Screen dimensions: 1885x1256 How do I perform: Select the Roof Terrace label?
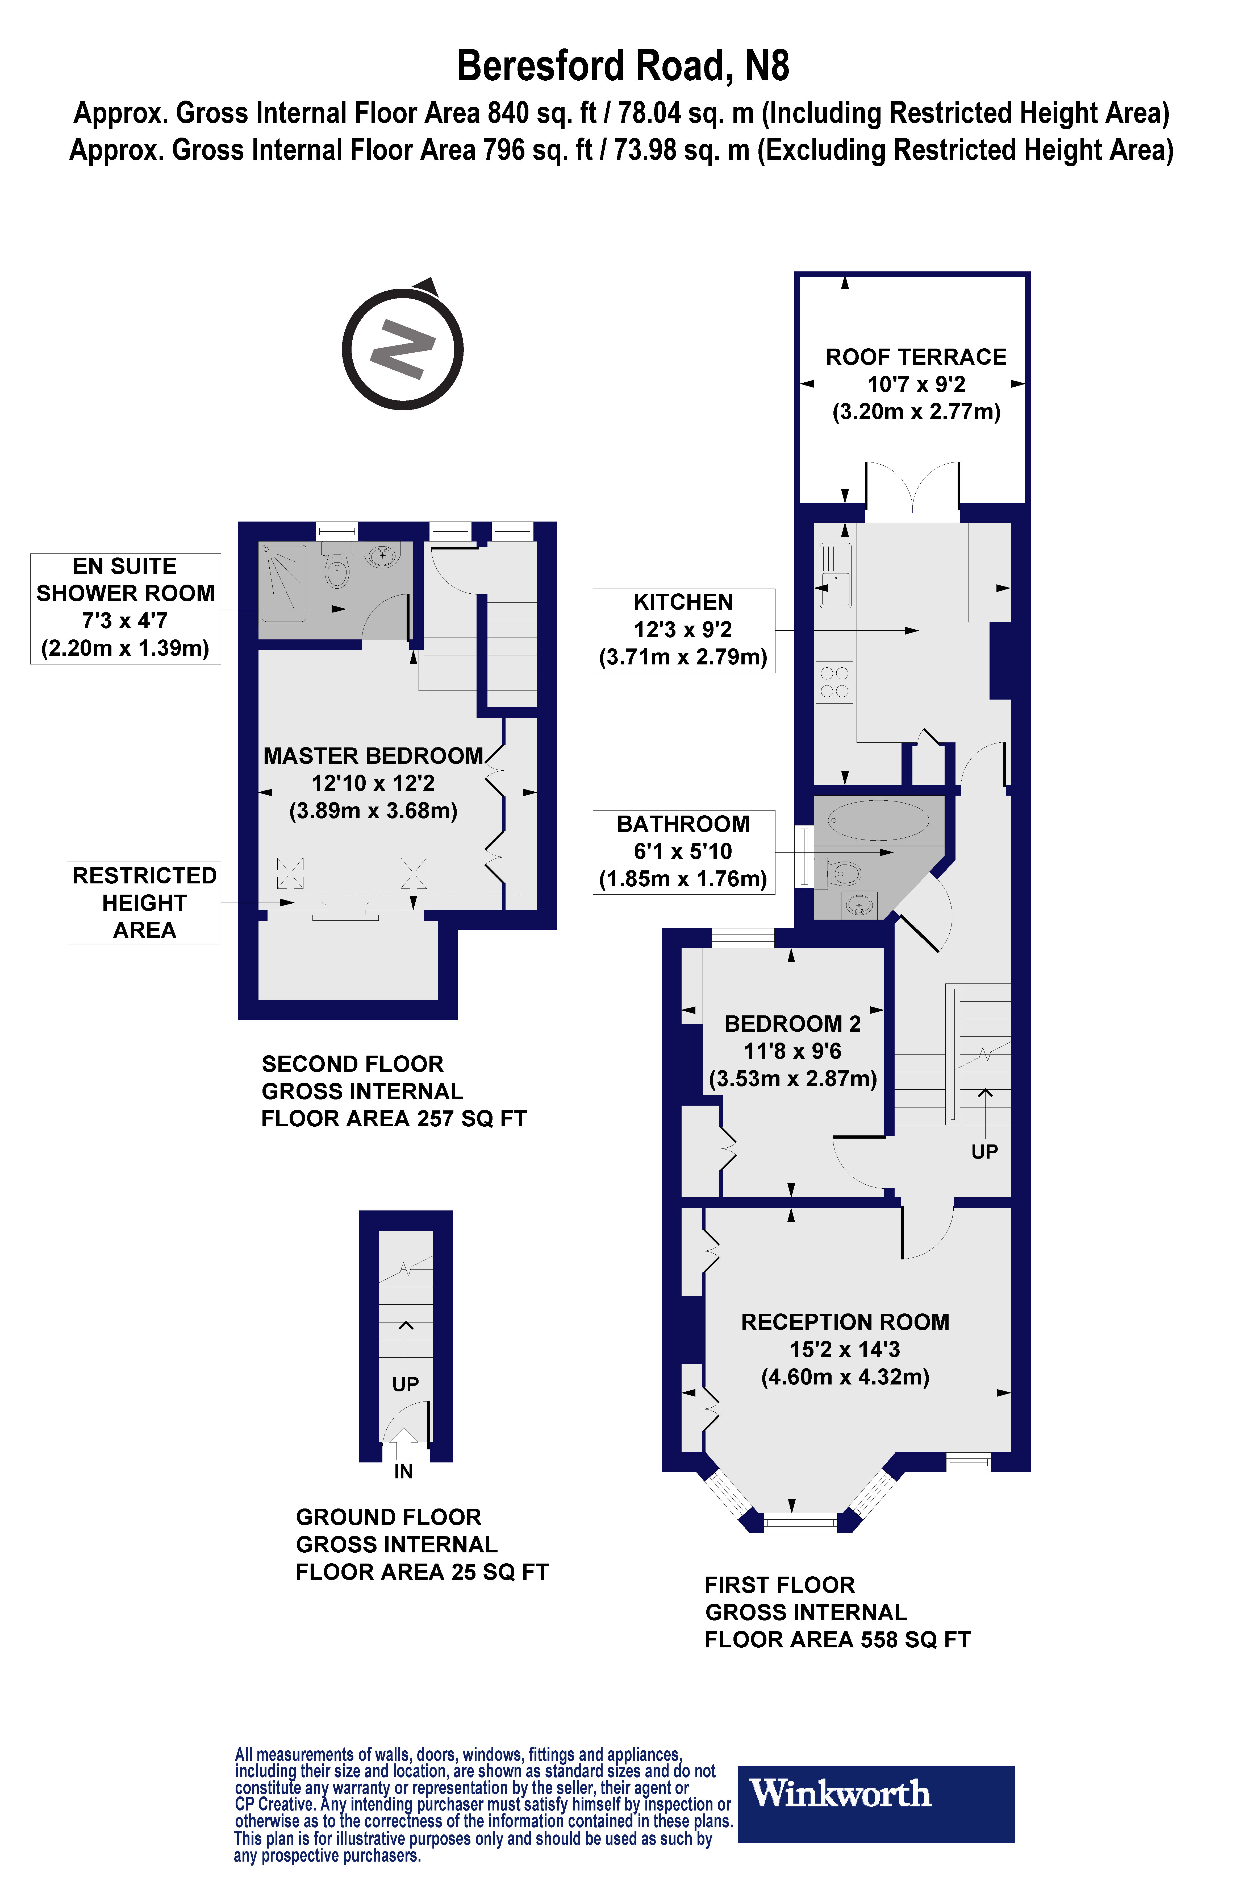[916, 357]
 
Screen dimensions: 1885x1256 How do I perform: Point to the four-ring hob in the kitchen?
[835, 682]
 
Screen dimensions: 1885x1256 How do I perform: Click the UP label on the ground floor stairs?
[405, 1384]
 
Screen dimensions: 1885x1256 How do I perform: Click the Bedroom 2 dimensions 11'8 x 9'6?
[792, 1051]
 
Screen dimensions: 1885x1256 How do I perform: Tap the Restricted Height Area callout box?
[144, 902]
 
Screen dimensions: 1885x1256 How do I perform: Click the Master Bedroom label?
[373, 756]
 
